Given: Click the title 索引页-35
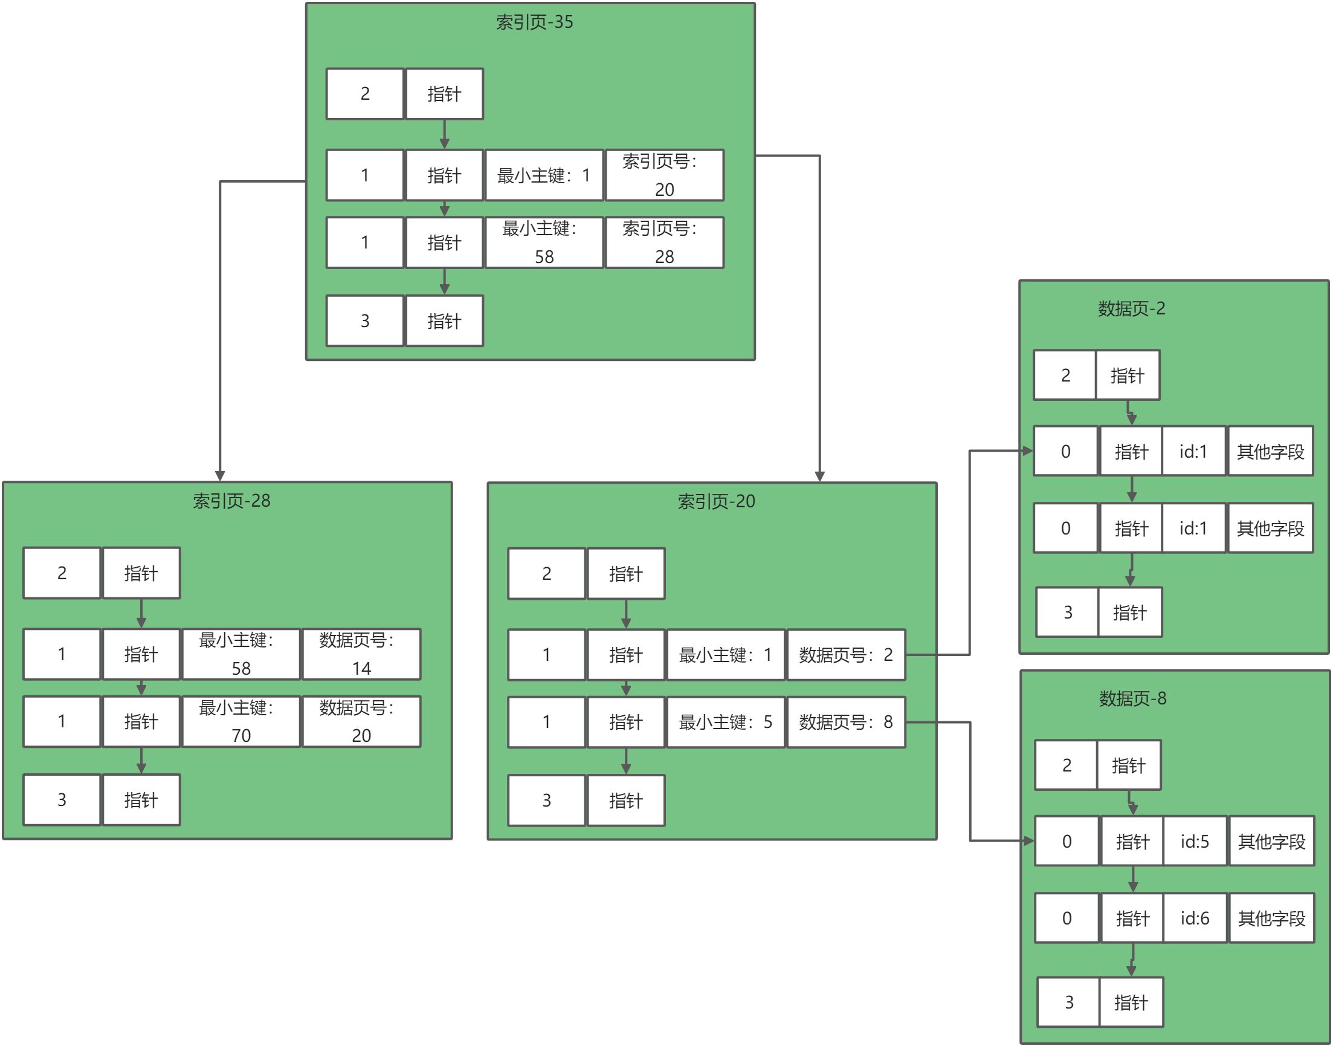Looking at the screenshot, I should coord(534,22).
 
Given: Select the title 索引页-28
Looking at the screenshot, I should coord(231,501).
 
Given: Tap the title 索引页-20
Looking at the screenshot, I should coord(715,502).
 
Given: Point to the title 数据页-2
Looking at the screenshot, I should coord(1131,308).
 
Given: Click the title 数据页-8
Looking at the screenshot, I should coord(1132,698).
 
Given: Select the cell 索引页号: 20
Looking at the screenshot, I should coord(664,175).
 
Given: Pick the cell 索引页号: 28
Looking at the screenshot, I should coord(664,242).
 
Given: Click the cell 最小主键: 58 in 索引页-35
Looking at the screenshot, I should coord(543,242).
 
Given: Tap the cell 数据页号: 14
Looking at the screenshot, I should coord(361,654).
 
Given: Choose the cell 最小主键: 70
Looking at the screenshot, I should coord(240,721).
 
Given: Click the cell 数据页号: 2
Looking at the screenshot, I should coord(845,655).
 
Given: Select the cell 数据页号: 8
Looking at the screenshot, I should coord(845,722).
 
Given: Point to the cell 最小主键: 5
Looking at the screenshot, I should coord(725,722).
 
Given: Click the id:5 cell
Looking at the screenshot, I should coord(1194,841).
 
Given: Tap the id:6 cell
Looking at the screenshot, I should coord(1194,918).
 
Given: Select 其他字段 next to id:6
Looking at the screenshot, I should coord(1271,918).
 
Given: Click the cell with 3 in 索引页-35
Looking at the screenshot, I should coord(365,321).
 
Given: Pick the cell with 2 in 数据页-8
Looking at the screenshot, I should coord(1066,765).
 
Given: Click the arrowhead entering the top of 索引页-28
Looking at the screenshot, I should coord(220,476).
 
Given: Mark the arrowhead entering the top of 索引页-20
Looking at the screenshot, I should coord(819,476).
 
